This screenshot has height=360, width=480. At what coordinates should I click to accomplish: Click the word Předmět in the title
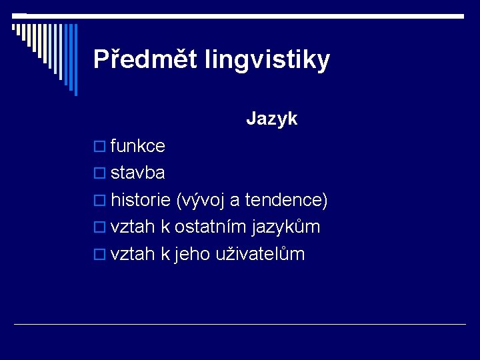pyautogui.click(x=137, y=60)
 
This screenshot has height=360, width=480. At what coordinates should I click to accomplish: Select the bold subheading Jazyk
pyautogui.click(x=271, y=119)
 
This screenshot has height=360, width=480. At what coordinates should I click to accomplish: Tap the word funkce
pyautogui.click(x=138, y=146)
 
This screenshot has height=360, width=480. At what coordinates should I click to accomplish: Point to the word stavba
pyautogui.click(x=138, y=173)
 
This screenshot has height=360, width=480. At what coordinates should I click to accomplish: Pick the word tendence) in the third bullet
pyautogui.click(x=287, y=200)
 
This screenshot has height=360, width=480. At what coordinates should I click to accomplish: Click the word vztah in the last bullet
pyautogui.click(x=133, y=255)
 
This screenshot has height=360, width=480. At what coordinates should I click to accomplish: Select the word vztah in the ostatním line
pyautogui.click(x=133, y=227)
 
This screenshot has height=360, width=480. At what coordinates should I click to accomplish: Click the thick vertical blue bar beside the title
pyautogui.click(x=75, y=60)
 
